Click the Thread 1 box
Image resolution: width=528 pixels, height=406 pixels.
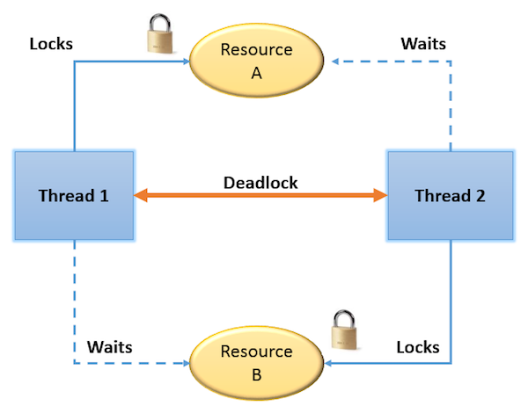pos(74,195)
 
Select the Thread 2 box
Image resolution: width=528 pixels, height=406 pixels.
pos(451,195)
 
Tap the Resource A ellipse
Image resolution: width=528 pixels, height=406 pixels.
pos(257,61)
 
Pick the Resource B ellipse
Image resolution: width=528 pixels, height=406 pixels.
pos(257,363)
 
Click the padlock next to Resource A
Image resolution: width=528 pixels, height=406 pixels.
pos(160,33)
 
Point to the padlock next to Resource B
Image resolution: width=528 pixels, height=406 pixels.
pos(344,330)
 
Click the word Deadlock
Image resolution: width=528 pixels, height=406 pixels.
pos(260,183)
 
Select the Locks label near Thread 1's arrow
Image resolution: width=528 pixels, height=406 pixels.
pos(51,44)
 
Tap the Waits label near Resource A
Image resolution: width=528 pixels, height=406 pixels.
pos(423,44)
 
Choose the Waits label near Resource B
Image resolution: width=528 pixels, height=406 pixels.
pos(109,347)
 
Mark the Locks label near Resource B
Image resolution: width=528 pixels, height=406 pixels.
pos(418,347)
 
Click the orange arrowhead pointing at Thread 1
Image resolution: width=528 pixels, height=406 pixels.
pos(141,195)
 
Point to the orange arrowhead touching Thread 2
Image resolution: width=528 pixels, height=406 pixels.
pos(380,195)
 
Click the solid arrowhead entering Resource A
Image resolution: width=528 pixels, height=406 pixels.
pos(187,62)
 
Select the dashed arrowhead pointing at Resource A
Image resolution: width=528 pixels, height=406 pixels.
pos(335,62)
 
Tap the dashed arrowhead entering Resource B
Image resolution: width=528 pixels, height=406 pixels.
pos(187,363)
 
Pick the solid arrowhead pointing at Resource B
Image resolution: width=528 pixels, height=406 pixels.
pos(327,363)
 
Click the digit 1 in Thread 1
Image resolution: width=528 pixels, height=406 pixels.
pos(105,196)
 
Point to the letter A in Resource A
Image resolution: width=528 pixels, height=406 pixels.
pos(257,73)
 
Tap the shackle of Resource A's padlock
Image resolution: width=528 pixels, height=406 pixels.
pos(160,22)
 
